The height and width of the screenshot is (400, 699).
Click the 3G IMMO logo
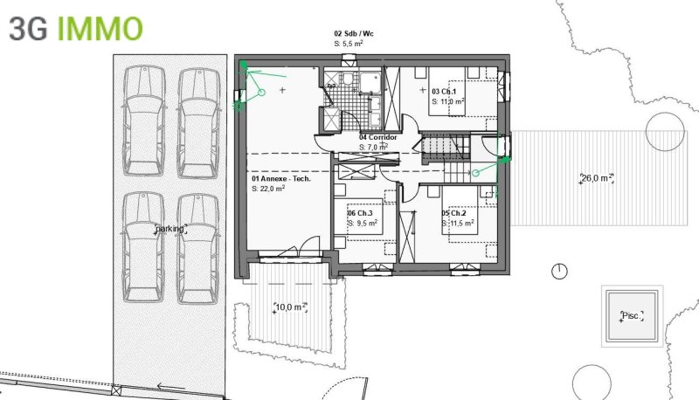pos(76,29)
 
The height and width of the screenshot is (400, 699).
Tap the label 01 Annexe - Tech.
pos(281,179)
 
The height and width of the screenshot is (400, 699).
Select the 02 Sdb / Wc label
pos(354,33)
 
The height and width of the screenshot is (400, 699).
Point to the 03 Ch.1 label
pos(444,92)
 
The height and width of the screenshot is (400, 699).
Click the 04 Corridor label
pos(378,137)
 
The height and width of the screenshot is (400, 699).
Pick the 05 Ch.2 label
pos(453,213)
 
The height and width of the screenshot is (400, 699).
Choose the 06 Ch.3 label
pos(360,213)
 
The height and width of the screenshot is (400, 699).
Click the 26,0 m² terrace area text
pos(597,178)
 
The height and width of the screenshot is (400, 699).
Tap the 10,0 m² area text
pos(291,307)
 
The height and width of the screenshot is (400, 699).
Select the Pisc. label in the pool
pos(632,316)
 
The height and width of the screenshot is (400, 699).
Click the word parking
pos(170,229)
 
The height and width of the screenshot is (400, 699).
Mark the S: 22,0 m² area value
pos(268,189)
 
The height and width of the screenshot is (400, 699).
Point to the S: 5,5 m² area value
pos(348,44)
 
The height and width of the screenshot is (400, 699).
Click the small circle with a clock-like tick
pos(559,272)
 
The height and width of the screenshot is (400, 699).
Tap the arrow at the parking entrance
pos(171,386)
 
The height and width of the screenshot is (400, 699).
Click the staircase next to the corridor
pos(446,158)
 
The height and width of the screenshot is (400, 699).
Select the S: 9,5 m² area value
pos(363,224)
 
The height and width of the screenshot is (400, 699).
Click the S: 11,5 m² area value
pos(458,224)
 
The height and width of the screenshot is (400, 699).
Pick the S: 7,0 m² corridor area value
pos(374,147)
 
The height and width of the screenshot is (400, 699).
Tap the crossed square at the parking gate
pos(116,390)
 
